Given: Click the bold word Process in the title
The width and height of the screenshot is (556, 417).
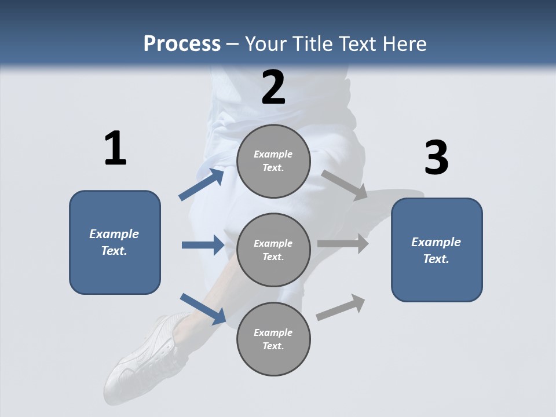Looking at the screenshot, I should (182, 43).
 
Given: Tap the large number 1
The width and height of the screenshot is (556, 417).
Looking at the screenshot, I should (115, 148).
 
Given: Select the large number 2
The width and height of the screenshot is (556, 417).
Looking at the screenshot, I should (273, 87).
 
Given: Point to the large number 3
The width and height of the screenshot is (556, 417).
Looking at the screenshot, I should (436, 158).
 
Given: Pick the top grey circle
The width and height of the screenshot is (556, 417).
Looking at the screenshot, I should (273, 161).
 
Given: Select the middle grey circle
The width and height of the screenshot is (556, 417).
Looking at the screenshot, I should (273, 250).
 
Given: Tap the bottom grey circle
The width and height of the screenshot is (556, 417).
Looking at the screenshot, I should (273, 339).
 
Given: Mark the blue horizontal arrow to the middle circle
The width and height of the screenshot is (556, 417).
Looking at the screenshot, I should (203, 245).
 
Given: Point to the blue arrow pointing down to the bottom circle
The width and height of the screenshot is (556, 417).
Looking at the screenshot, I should (203, 308).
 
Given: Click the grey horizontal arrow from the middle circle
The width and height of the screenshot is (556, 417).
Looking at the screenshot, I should (343, 243).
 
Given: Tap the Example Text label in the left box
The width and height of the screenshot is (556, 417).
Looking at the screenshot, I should (114, 242).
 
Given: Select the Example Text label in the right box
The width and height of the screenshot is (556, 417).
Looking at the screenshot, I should (436, 250).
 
